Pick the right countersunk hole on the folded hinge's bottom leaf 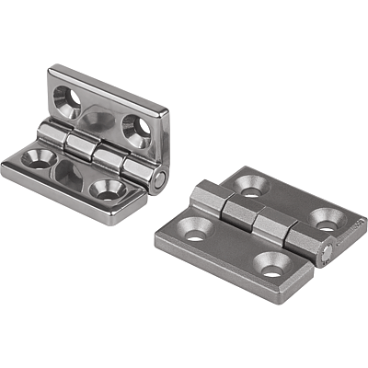pyautogui.click(x=106, y=190)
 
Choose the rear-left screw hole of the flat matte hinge pyautogui.click(x=248, y=188)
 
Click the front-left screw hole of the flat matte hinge pyautogui.click(x=195, y=234)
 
